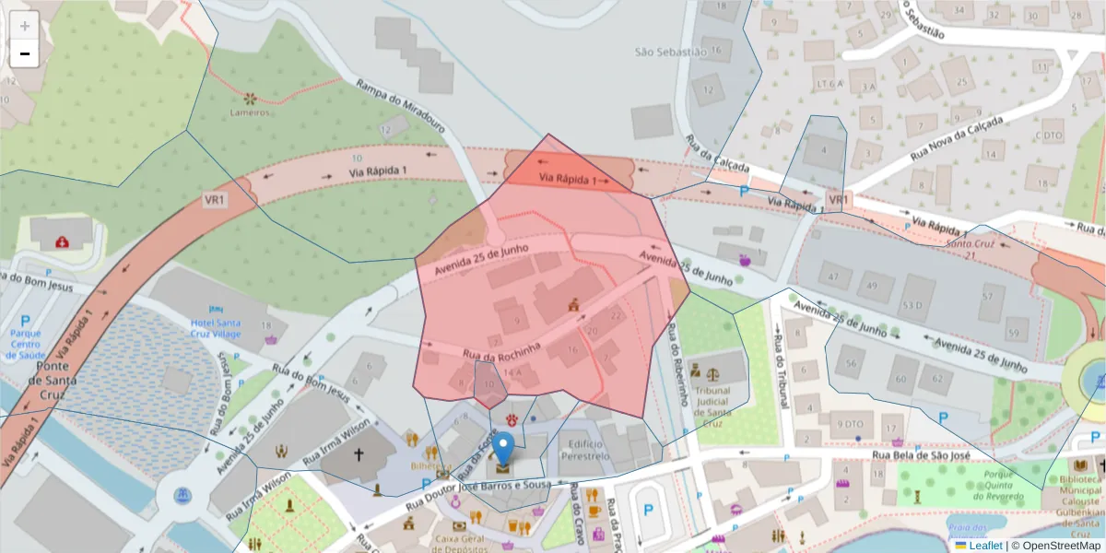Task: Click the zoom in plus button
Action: pos(24,25)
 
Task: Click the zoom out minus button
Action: pos(24,53)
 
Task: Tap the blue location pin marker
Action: pos(503,450)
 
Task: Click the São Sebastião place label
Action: pos(670,52)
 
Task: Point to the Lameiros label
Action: pos(250,112)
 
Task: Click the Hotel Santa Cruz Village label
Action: pos(216,328)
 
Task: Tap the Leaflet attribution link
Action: pos(985,546)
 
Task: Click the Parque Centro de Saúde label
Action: pos(25,343)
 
